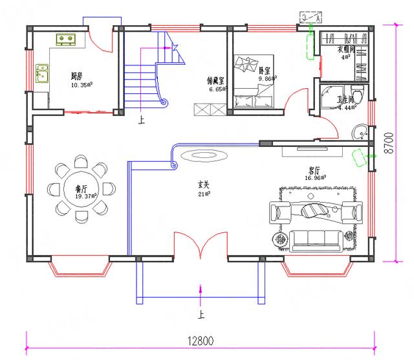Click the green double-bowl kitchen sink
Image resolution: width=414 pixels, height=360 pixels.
[66, 40]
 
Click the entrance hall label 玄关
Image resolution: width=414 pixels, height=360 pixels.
[204, 184]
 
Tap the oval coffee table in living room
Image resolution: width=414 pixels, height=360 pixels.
[315, 210]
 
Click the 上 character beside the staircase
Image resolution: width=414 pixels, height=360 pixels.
[140, 120]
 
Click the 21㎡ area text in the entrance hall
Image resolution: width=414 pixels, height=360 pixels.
[204, 193]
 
